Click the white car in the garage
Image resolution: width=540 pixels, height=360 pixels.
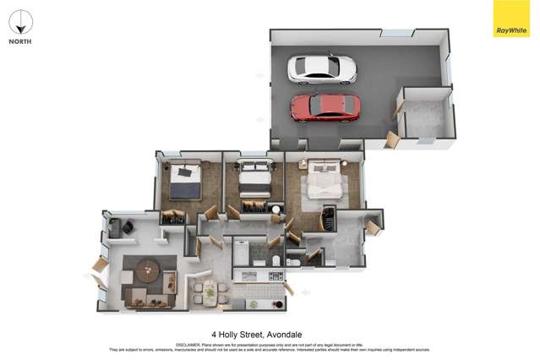tap(321, 68)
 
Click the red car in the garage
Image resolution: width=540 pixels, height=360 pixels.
tap(325, 107)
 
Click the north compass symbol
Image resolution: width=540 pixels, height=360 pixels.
tap(21, 22)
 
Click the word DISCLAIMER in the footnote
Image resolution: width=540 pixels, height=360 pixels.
tap(188, 345)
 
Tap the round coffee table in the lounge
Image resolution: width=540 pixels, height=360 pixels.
tap(148, 271)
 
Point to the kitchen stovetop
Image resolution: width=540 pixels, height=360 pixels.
tap(275, 275)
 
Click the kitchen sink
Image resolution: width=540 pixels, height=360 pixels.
tap(251, 275)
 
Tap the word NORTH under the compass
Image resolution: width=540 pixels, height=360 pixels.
tap(21, 41)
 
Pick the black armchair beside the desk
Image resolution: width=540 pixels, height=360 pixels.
tap(127, 226)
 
